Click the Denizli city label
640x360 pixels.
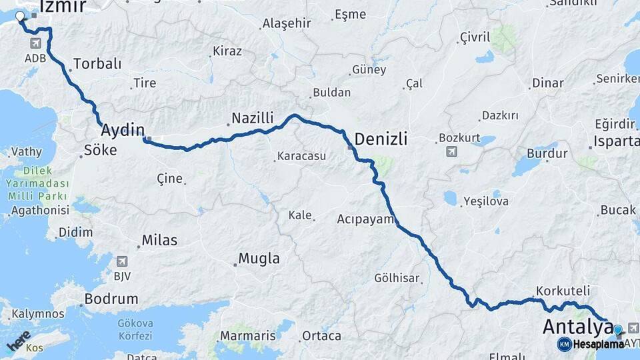pos(381,139)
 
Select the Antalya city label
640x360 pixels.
pos(578,327)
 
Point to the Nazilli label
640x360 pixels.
pos(252,119)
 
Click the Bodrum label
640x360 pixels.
pos(113,299)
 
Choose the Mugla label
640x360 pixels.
pos(259,259)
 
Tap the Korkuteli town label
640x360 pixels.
pos(563,291)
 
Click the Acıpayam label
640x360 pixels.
pos(366,219)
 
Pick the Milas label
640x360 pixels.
pos(159,240)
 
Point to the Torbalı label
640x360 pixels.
pos(97,64)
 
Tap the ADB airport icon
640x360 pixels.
pos(35,43)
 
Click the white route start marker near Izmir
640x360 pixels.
pos(19,17)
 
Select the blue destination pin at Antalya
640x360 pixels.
pos(617,329)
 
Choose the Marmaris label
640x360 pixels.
pos(247,335)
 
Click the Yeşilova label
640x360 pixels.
pos(486,201)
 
